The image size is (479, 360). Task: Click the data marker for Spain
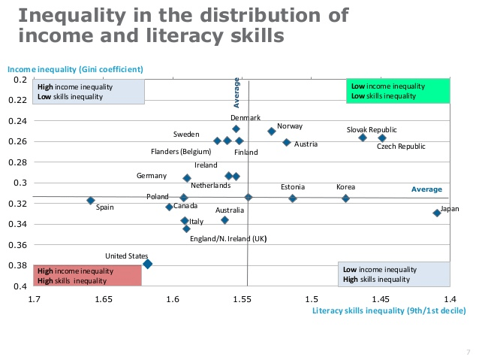pyautogui.click(x=91, y=201)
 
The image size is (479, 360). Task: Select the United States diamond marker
pyautogui.click(x=148, y=264)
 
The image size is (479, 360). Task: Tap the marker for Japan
pyautogui.click(x=437, y=213)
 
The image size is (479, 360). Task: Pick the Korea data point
pyautogui.click(x=346, y=198)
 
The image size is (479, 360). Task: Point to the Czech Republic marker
pyautogui.click(x=382, y=138)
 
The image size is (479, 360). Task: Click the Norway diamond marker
pyautogui.click(x=272, y=131)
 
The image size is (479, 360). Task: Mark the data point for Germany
pyautogui.click(x=187, y=178)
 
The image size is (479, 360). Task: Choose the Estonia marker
pyautogui.click(x=293, y=198)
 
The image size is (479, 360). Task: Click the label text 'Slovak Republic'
pyautogui.click(x=372, y=129)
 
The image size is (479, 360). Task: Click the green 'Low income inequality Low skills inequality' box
pyautogui.click(x=398, y=91)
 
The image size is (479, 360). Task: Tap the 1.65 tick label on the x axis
pyautogui.click(x=104, y=299)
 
